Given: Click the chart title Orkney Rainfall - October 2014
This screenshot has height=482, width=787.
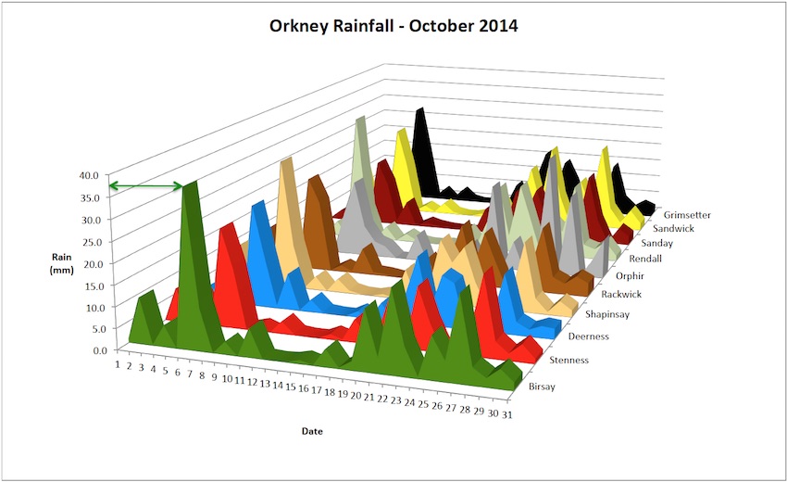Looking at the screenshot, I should coord(393,26).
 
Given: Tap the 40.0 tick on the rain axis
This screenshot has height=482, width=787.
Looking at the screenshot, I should coord(90,174).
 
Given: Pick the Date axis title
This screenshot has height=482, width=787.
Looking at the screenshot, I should coord(312,431).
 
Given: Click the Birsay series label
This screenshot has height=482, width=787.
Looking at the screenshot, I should coord(542,387).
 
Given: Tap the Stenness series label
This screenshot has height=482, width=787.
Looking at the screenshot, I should coord(569,360).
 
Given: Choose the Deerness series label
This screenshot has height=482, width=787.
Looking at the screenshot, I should coord(590,336).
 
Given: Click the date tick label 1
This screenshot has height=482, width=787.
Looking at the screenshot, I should coord(117,363).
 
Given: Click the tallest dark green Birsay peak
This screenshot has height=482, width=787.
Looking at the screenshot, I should coord(191,184).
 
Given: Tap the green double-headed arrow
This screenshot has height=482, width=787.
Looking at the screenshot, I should coord(145,186).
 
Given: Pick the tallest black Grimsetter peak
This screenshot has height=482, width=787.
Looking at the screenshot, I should coord(421,110).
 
